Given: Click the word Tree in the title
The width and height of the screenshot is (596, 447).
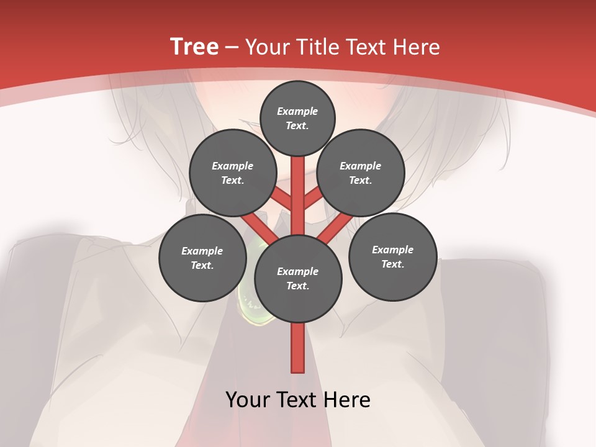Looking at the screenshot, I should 194,47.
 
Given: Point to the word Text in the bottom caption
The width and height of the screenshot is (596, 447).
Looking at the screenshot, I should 298,400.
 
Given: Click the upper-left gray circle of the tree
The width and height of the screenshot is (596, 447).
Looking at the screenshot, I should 232,173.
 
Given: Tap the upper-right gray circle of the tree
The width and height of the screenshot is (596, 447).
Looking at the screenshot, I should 360,173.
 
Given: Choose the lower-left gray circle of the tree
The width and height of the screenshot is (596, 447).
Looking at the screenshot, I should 202,258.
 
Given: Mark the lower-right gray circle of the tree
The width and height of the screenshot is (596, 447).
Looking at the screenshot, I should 392,256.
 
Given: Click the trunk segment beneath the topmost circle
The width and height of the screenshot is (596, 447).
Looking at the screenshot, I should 298,186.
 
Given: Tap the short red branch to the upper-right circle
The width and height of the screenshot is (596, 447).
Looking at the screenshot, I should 313,198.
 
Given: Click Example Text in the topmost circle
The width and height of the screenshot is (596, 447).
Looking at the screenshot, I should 297,118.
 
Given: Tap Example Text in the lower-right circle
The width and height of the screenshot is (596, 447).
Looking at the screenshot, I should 392,256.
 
